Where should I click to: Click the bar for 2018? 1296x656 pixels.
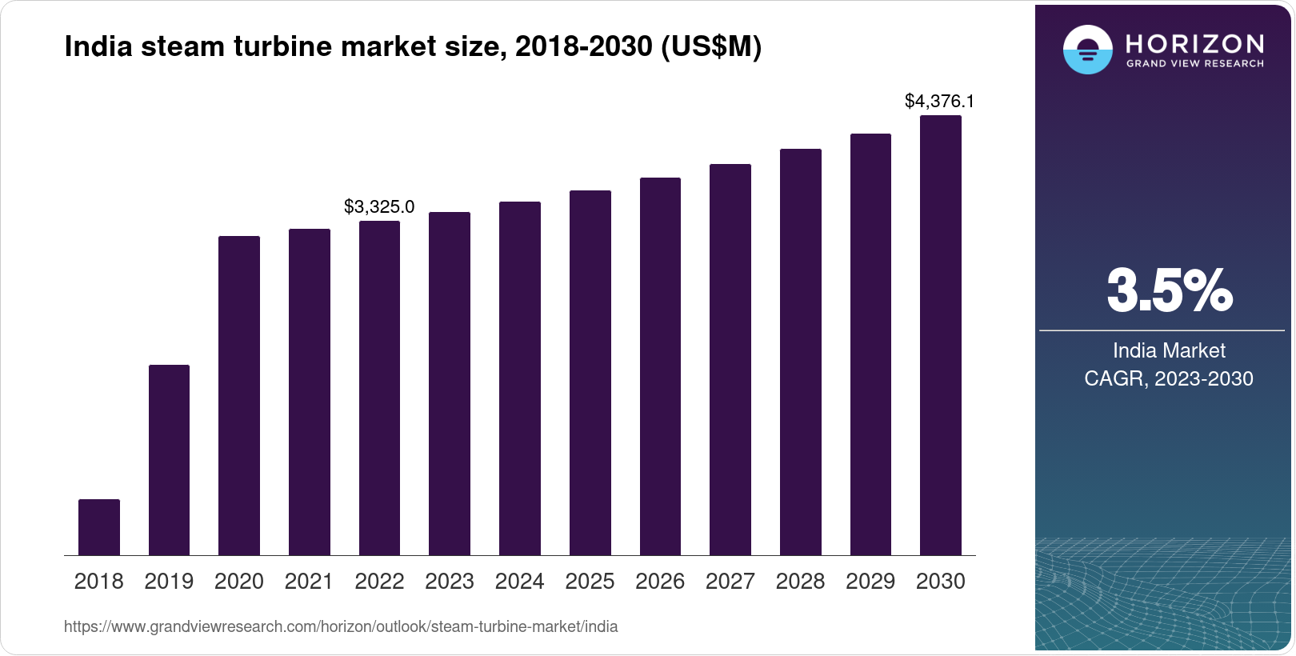click(x=98, y=527)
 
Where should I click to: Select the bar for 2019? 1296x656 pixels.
click(x=169, y=460)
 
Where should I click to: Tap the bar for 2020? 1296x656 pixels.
click(x=239, y=396)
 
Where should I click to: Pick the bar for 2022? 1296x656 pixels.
click(x=379, y=388)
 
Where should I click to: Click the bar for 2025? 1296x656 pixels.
click(x=590, y=373)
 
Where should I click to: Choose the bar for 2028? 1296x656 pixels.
click(x=800, y=352)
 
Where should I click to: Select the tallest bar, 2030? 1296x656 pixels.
click(x=941, y=336)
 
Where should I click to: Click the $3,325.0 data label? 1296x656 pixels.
click(x=379, y=207)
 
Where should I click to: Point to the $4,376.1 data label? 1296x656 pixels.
click(x=939, y=102)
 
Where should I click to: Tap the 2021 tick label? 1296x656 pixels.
click(x=309, y=582)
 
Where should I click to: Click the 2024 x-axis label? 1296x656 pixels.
click(x=519, y=582)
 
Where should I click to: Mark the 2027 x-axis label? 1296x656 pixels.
click(x=730, y=582)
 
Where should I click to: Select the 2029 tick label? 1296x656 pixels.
click(x=870, y=582)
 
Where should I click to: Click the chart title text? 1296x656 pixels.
click(x=413, y=47)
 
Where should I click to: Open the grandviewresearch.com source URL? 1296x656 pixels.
click(x=341, y=626)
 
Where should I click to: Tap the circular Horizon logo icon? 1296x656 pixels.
click(x=1087, y=50)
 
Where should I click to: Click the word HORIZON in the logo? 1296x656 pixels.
click(x=1194, y=43)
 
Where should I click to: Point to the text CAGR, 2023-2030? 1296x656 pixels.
click(x=1168, y=378)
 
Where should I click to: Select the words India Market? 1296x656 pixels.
click(x=1169, y=350)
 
